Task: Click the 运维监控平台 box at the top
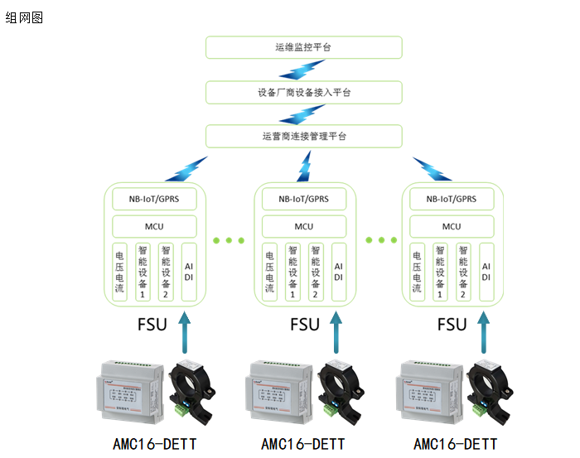point(303,47)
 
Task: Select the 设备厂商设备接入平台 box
point(303,92)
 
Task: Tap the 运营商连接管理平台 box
point(303,136)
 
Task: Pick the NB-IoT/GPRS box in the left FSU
point(155,199)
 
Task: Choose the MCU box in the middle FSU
point(303,226)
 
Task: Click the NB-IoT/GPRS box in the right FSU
point(452,199)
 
